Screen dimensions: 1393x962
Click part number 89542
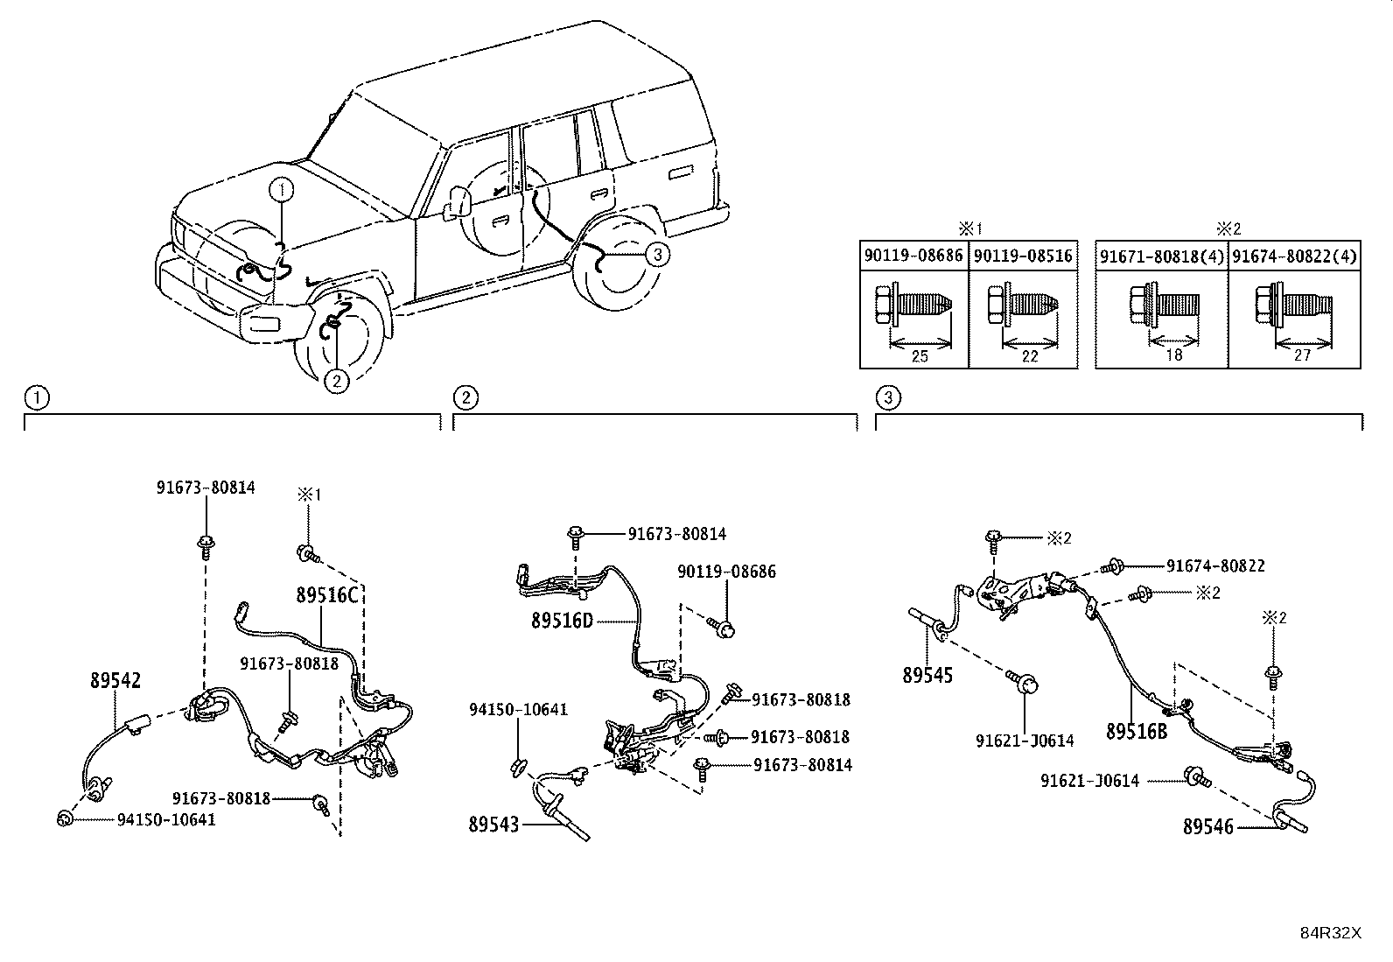115,680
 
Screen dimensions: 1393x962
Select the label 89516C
327,595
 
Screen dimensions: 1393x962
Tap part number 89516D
562,621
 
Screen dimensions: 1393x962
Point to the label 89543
493,825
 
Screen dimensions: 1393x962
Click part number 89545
927,675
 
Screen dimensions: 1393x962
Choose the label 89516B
1137,731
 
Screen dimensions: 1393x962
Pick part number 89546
1207,826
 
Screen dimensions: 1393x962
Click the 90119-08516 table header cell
1023,256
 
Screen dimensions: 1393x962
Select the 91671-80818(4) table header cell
1162,256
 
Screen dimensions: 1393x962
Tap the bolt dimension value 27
1302,355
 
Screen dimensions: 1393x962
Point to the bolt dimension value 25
920,356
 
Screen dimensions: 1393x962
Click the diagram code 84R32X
1331,933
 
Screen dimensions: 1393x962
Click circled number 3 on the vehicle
657,254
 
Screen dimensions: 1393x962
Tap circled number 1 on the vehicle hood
281,189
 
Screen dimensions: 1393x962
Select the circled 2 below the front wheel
336,380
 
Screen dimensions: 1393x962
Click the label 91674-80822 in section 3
1215,565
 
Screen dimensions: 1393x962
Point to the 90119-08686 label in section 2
726,572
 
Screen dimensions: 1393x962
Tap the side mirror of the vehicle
458,203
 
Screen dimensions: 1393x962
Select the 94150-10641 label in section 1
166,819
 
